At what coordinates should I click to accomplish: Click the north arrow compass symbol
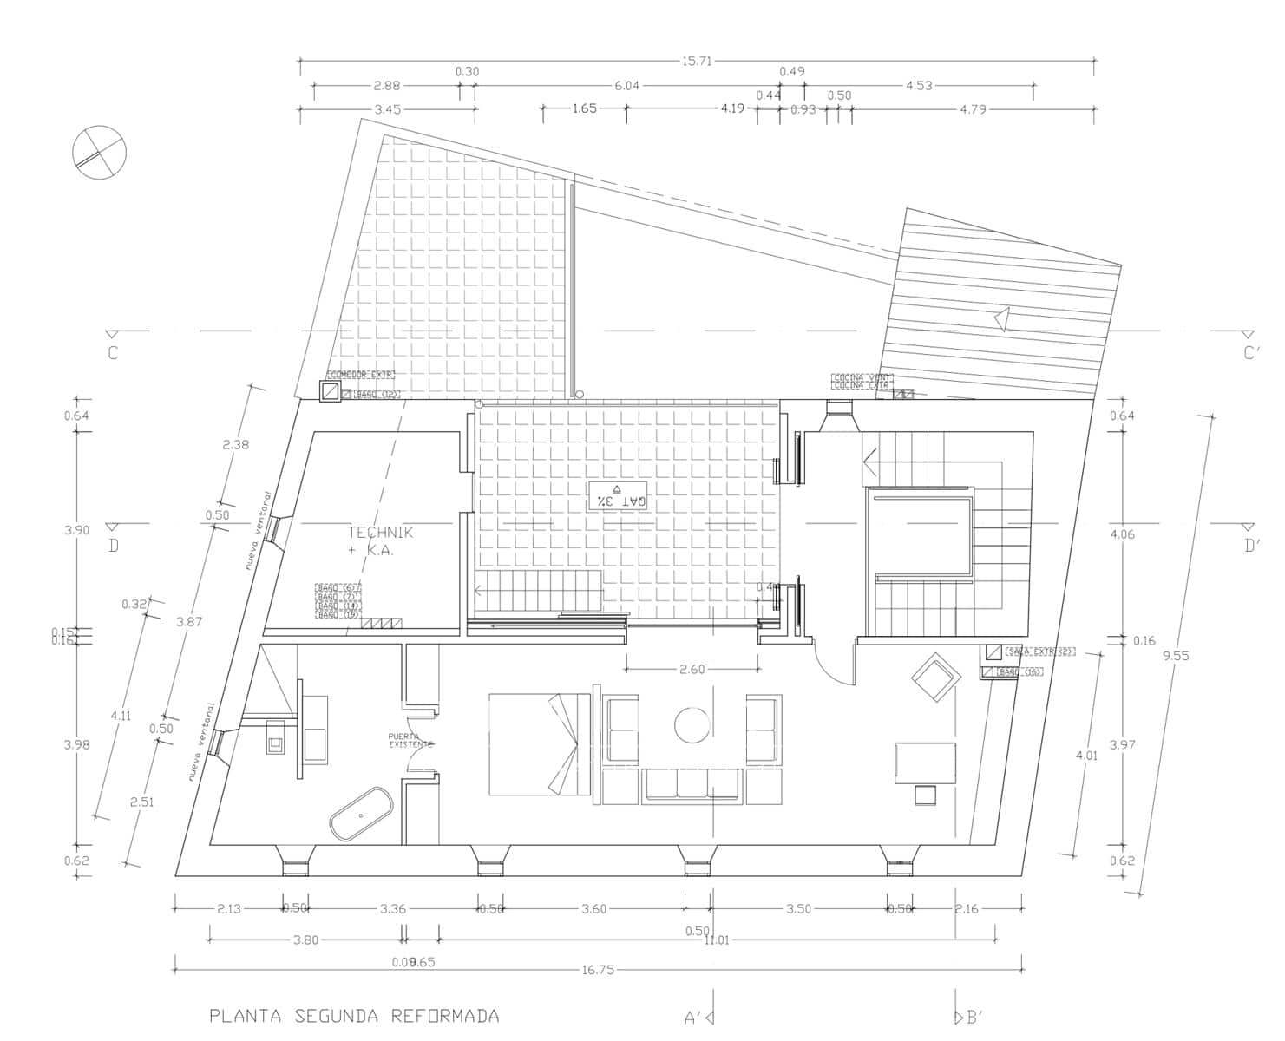tap(99, 153)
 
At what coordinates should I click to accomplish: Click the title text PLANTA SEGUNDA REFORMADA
tap(354, 1016)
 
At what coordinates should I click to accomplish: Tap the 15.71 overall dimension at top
tap(697, 61)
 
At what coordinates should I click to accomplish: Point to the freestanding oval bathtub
tap(361, 815)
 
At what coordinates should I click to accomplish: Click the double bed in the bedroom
tap(539, 743)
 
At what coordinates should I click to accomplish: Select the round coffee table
tap(692, 725)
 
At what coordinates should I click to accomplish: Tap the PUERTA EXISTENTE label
tap(410, 740)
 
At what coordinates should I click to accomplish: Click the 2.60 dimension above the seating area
tap(692, 669)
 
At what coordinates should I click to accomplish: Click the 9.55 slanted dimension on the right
tap(1176, 656)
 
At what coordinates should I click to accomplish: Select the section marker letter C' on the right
tap(1251, 353)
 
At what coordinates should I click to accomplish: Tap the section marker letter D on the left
tap(113, 547)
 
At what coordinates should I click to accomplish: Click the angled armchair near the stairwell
tap(934, 677)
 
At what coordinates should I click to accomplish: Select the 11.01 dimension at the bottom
tap(717, 940)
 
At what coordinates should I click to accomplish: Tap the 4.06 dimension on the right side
tap(1122, 534)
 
